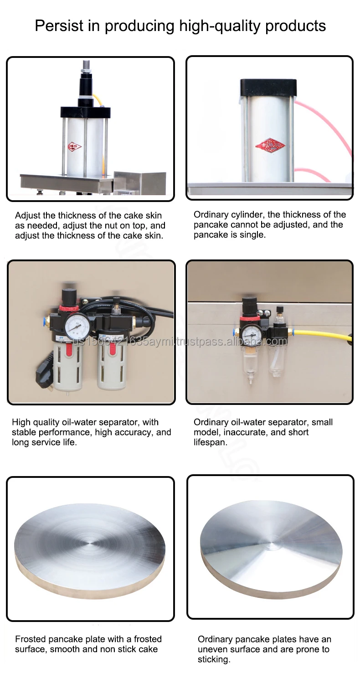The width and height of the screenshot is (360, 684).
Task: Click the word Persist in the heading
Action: coord(59,26)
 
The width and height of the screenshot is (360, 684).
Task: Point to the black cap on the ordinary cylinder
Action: coord(268,88)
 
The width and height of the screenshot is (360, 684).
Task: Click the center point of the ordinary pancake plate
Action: coord(271,547)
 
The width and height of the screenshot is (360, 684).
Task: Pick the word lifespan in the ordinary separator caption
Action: coord(210,442)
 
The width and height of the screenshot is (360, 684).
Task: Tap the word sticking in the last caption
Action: coord(213,659)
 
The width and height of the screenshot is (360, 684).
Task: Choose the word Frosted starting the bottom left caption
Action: coord(31,639)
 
